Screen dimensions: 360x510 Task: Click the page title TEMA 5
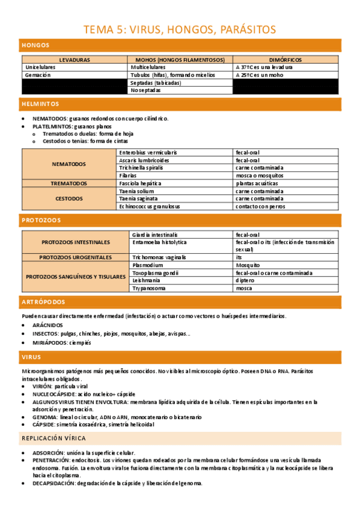tap(180, 29)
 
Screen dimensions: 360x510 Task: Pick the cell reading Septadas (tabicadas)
tap(156, 83)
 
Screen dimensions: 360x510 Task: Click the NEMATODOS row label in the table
tap(69, 164)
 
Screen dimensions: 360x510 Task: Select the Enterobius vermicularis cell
tap(148, 153)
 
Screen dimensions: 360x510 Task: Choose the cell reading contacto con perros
tap(260, 206)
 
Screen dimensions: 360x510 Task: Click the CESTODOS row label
tap(69, 198)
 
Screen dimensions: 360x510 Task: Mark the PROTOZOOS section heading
tap(40, 220)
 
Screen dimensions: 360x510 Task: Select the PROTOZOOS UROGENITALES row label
tap(76, 257)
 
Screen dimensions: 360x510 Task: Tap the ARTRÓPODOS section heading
tap(43, 302)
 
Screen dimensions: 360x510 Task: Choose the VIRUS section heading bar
tap(31, 357)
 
